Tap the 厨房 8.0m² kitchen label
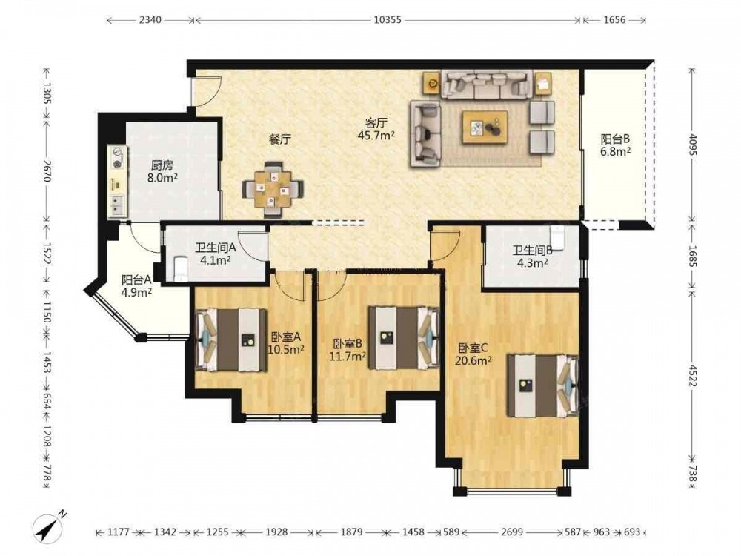pyautogui.click(x=162, y=172)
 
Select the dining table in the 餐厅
pyautogui.click(x=273, y=189)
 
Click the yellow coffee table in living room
pyautogui.click(x=485, y=127)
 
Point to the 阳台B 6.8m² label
pyautogui.click(x=615, y=145)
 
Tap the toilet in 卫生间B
pyautogui.click(x=558, y=237)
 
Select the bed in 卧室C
pyautogui.click(x=543, y=385)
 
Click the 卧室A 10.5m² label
pyautogui.click(x=285, y=343)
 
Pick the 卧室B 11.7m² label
pyautogui.click(x=348, y=350)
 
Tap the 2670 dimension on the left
pyautogui.click(x=46, y=171)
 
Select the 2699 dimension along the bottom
pyautogui.click(x=512, y=532)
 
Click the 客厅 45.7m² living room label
pyautogui.click(x=376, y=129)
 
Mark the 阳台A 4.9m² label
pyautogui.click(x=136, y=285)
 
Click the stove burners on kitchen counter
pyautogui.click(x=117, y=159)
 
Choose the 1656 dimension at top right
pyautogui.click(x=614, y=20)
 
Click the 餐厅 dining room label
pyautogui.click(x=280, y=139)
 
